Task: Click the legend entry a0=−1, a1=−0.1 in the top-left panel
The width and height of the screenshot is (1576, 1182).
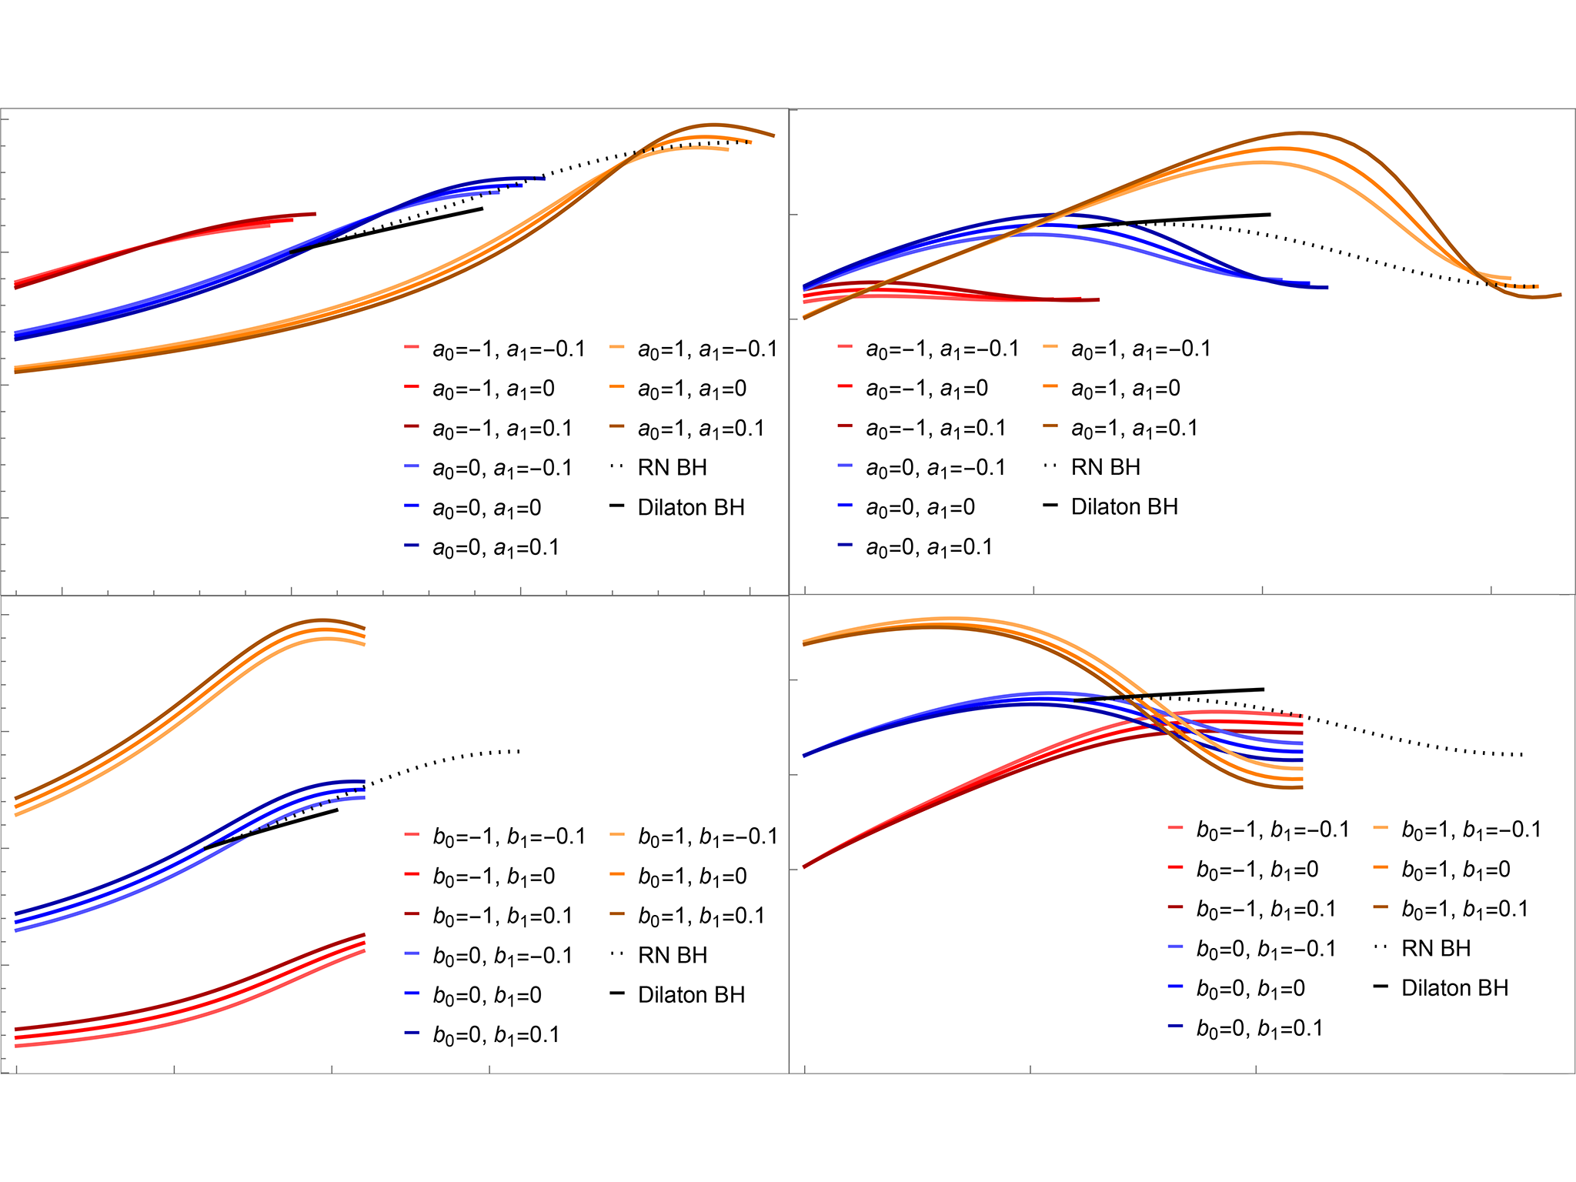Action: pos(509,349)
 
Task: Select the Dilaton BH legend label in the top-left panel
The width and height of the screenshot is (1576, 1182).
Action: pos(691,507)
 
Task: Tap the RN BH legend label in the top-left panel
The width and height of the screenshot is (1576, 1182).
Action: pos(672,467)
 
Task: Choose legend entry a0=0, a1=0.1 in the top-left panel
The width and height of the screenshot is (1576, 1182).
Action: pos(496,548)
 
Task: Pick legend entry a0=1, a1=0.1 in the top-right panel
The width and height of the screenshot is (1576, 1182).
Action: pos(1134,429)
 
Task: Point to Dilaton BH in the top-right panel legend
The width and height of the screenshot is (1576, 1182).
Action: pos(1124,506)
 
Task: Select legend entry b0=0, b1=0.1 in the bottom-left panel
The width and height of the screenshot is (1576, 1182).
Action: pos(496,1035)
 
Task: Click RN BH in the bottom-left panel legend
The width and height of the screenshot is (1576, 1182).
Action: pos(673,955)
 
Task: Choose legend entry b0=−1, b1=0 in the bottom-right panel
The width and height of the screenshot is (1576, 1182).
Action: pos(1257,870)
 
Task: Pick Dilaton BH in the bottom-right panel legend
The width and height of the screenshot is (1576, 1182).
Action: pos(1455,987)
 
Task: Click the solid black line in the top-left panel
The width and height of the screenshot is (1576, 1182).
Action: pos(386,230)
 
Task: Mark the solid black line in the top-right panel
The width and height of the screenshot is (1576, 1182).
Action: pos(1173,221)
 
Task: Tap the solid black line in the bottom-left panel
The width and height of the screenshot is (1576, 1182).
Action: pos(271,829)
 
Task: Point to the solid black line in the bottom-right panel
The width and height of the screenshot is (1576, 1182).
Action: pos(1169,695)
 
